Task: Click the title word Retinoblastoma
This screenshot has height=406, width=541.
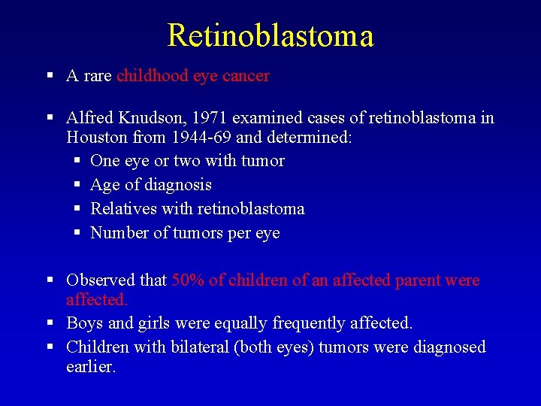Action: (270, 35)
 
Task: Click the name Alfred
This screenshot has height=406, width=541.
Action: (89, 118)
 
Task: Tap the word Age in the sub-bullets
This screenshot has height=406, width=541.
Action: (104, 185)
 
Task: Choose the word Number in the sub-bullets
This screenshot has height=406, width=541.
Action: (119, 233)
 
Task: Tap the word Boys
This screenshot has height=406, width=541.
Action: (84, 323)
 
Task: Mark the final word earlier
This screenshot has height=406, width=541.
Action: (91, 368)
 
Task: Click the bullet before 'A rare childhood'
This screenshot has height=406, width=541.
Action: (50, 76)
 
